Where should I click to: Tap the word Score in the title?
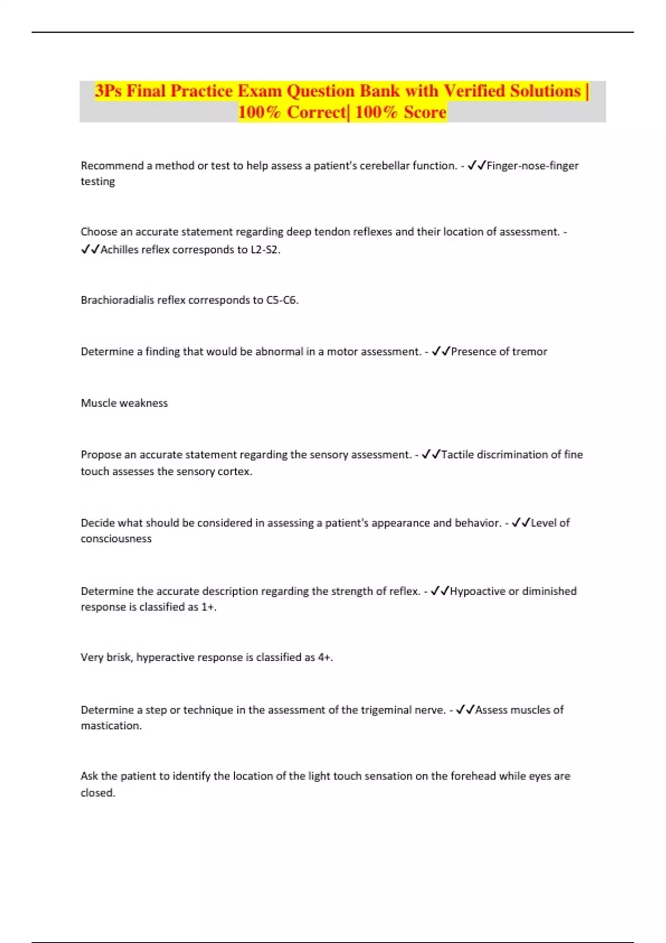coord(425,113)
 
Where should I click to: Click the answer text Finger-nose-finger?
coord(532,165)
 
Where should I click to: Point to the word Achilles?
coord(119,250)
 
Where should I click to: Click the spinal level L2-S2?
coord(265,250)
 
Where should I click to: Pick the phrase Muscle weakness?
coord(124,403)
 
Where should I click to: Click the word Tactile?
coord(457,454)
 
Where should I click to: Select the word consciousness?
coord(116,539)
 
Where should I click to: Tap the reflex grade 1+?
coord(208,607)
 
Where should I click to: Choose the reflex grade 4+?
coord(325,657)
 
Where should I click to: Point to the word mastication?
coord(111,726)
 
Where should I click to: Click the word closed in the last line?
coord(98,793)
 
